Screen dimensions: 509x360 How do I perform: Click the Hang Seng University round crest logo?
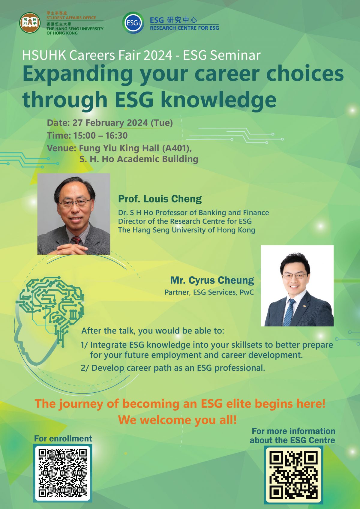click(x=30, y=23)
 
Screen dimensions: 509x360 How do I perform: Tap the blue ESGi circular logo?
click(x=133, y=23)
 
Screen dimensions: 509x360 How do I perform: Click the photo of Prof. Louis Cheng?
click(x=73, y=214)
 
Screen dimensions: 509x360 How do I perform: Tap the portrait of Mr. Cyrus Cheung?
click(x=297, y=286)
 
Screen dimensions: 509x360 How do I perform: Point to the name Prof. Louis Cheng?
click(x=160, y=199)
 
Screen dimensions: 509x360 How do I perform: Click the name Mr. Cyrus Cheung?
click(x=212, y=280)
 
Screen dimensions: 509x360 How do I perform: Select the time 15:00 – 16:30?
click(x=100, y=136)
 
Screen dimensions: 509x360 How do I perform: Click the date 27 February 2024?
click(x=110, y=123)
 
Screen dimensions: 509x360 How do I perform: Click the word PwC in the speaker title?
click(x=247, y=292)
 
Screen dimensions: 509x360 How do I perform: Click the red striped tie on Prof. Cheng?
click(x=76, y=240)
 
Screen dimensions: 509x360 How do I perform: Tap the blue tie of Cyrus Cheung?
click(x=289, y=312)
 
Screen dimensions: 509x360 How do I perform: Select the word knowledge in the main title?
click(x=219, y=100)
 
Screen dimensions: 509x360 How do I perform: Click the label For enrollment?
click(x=63, y=439)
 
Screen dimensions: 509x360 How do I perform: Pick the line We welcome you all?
click(x=177, y=420)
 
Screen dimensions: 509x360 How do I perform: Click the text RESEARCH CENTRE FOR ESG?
click(x=184, y=28)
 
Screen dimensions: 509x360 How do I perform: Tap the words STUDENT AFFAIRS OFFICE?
click(x=71, y=18)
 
